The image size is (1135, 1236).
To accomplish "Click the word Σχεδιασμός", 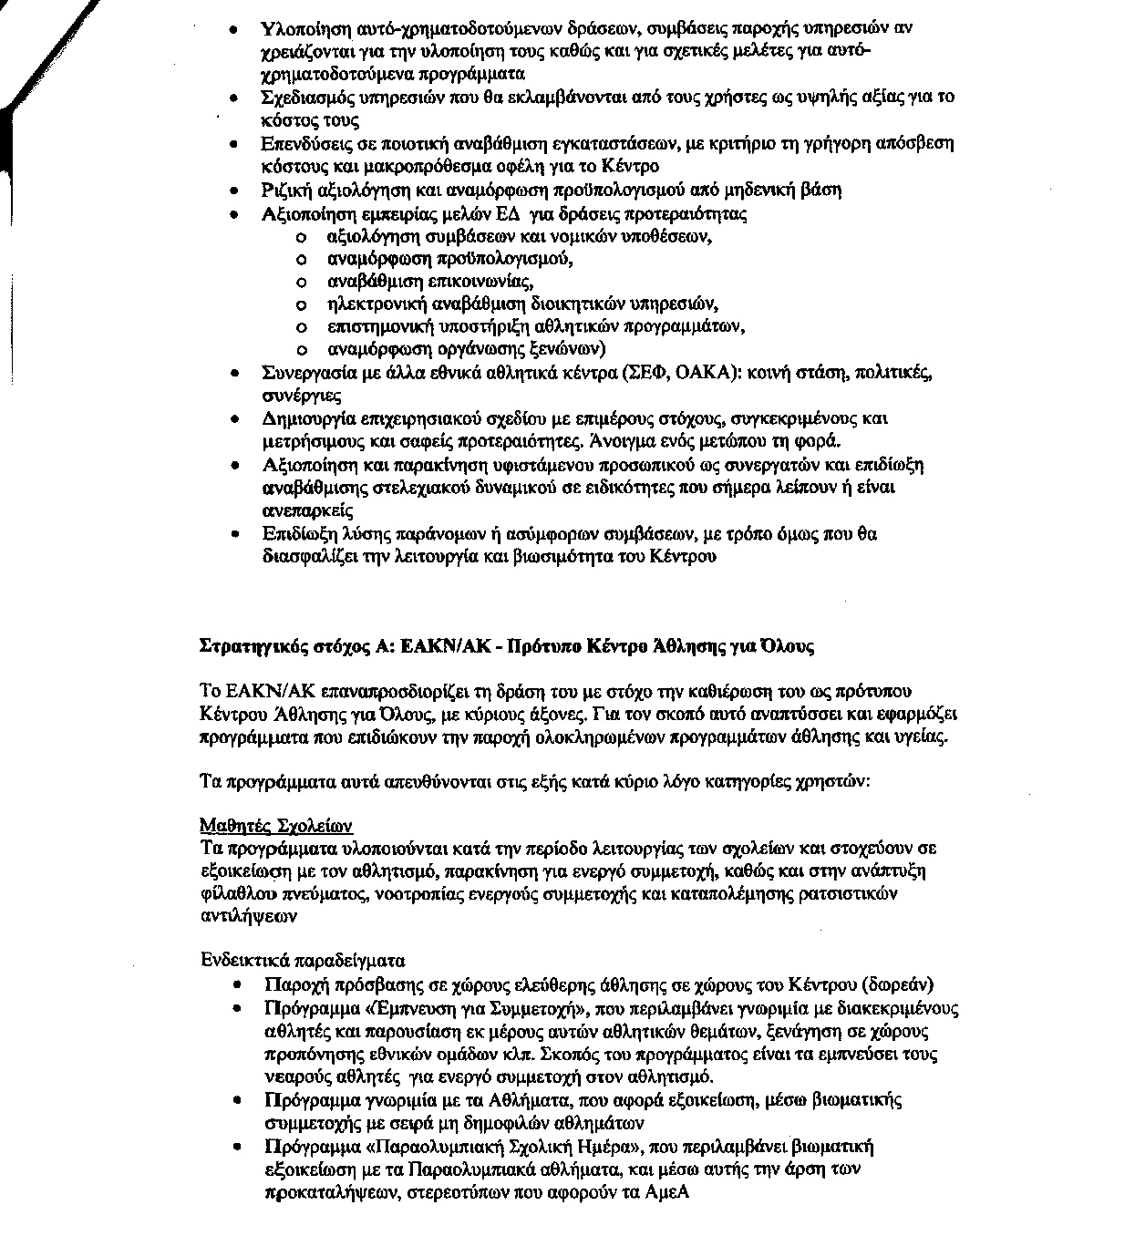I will pos(304,97).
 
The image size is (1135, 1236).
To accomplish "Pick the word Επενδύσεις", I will pos(301,143).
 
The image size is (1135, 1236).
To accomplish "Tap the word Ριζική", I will pos(284,190).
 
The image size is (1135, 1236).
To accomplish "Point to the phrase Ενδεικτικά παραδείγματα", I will pos(302,961).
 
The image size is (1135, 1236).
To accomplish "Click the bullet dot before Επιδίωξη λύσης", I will pos(236,534).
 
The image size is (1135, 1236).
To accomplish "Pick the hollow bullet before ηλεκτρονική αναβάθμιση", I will pos(302,304).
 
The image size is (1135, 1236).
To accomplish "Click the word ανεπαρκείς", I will pos(306,510).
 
